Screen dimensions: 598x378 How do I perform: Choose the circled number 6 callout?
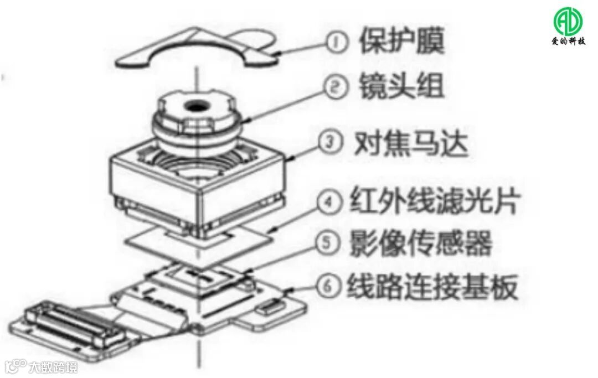tap(328, 287)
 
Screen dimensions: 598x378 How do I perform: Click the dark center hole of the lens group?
tap(195, 105)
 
